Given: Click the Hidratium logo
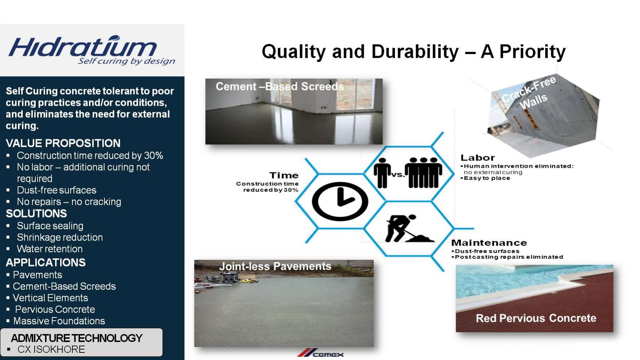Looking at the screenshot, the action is (x=92, y=50).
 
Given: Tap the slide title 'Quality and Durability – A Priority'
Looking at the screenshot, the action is (x=413, y=51).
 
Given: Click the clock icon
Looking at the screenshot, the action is (x=340, y=201).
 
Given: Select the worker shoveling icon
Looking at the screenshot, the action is (x=409, y=228).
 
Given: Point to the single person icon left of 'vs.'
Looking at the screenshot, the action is (x=382, y=173).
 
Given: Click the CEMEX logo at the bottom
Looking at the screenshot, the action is (x=320, y=354).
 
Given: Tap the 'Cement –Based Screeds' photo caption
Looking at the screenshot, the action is (x=279, y=86).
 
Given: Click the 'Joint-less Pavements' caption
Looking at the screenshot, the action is (x=275, y=266).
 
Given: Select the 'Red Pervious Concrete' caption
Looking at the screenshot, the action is (x=536, y=318).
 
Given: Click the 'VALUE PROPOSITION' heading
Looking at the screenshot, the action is (x=63, y=143).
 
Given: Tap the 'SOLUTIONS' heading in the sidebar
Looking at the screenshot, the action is (x=36, y=213).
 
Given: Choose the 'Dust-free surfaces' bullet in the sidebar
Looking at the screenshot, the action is (x=57, y=190).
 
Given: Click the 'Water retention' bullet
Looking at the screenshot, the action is (x=50, y=249).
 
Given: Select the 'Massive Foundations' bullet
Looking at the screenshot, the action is (x=59, y=321).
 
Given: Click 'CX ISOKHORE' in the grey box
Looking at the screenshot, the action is (x=51, y=349).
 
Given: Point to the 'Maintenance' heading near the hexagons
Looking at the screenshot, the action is (x=489, y=243).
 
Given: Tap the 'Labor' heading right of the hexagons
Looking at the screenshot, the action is (x=478, y=158).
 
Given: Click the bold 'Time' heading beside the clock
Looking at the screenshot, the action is (x=284, y=175).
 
